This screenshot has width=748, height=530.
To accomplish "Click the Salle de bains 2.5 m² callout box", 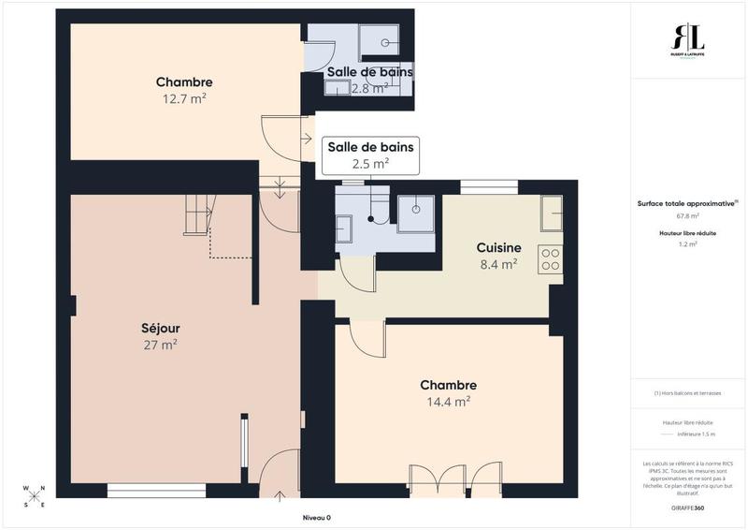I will pyautogui.click(x=370, y=155).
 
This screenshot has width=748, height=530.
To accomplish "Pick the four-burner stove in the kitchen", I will pyautogui.click(x=550, y=259).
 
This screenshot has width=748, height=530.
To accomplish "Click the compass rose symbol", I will pyautogui.click(x=35, y=495).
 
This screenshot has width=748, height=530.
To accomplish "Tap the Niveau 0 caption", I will pyautogui.click(x=316, y=518).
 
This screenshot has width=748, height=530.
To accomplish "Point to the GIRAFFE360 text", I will pyautogui.click(x=687, y=507).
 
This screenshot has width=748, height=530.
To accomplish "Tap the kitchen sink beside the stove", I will pyautogui.click(x=550, y=212).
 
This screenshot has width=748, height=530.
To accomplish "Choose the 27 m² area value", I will pyautogui.click(x=162, y=345).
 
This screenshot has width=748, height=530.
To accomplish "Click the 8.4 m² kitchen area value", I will pyautogui.click(x=497, y=264).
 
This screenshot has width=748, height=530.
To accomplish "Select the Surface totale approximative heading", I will pyautogui.click(x=685, y=202).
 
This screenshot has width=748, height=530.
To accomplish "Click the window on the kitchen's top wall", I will pyautogui.click(x=488, y=186).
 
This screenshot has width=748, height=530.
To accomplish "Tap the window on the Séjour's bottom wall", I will pyautogui.click(x=156, y=490).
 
